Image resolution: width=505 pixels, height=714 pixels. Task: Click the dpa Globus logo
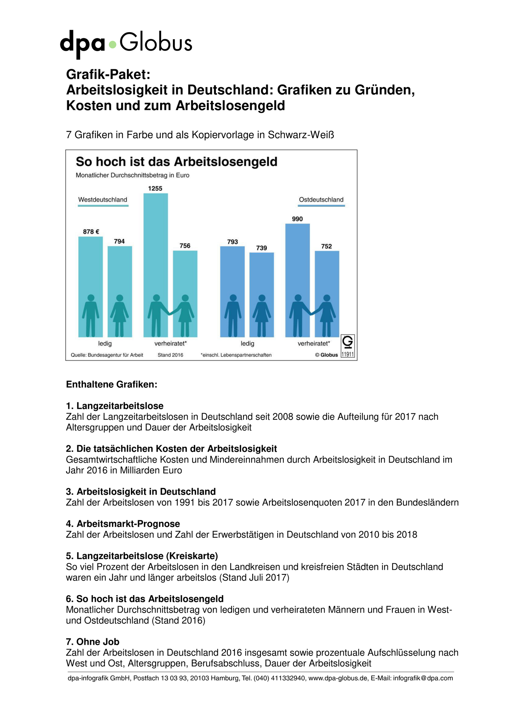pyautogui.click(x=126, y=44)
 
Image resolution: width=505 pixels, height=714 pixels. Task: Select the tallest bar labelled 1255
pyautogui.click(x=155, y=265)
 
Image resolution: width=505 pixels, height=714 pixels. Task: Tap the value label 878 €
pyautogui.click(x=91, y=232)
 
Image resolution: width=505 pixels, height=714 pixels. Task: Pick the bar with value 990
pyautogui.click(x=297, y=280)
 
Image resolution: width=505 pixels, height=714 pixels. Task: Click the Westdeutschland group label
pyautogui.click(x=103, y=200)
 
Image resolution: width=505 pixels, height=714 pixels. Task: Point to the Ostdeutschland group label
pyautogui.click(x=321, y=200)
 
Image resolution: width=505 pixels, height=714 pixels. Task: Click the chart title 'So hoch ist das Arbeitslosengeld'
pyautogui.click(x=177, y=162)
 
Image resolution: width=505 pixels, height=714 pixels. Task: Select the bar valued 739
pyautogui.click(x=262, y=295)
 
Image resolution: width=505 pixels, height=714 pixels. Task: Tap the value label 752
pyautogui.click(x=327, y=246)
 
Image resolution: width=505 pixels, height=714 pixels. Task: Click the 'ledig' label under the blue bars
pyautogui.click(x=247, y=343)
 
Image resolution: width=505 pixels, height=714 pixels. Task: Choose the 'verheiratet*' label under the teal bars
pyautogui.click(x=170, y=343)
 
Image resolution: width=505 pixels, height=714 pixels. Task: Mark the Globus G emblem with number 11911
pyautogui.click(x=348, y=346)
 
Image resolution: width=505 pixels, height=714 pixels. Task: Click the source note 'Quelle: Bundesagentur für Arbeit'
pyautogui.click(x=107, y=355)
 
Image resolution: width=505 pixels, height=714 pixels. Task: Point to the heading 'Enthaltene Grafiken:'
pyautogui.click(x=112, y=384)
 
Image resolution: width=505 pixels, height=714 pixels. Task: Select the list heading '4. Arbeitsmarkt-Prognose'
pyautogui.click(x=123, y=524)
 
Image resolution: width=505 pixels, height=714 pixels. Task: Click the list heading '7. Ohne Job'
pyautogui.click(x=93, y=642)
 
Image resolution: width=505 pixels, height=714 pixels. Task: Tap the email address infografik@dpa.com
pyautogui.click(x=423, y=678)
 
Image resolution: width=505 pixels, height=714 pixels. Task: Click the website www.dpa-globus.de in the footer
pyautogui.click(x=338, y=678)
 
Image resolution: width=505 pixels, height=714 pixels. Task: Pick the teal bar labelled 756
pyautogui.click(x=185, y=294)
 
